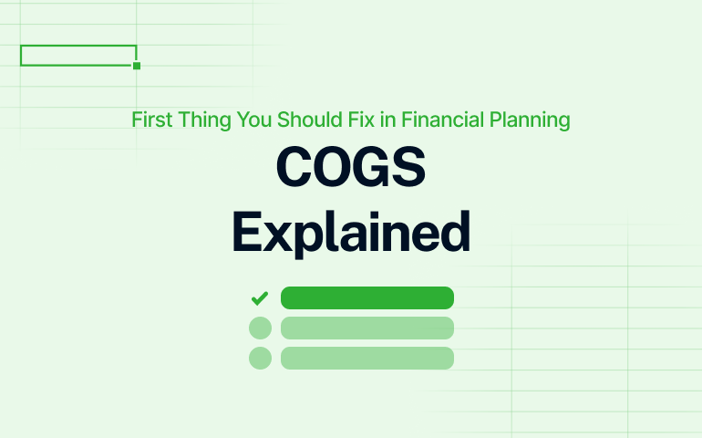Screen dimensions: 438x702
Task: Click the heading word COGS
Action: (x=351, y=170)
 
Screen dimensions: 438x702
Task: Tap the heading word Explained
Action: (x=351, y=233)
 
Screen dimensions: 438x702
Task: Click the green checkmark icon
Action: (x=260, y=297)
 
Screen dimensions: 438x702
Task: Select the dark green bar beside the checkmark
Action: (x=366, y=297)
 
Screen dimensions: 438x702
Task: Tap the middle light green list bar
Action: (x=366, y=328)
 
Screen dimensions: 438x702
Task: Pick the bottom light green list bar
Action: (x=366, y=358)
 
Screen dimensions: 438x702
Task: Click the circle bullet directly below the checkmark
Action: (x=260, y=328)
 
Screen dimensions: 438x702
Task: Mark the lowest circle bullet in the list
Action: (x=260, y=358)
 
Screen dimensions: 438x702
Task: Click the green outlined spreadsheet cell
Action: (x=78, y=55)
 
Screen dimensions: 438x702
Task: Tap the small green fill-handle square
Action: (x=137, y=66)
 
